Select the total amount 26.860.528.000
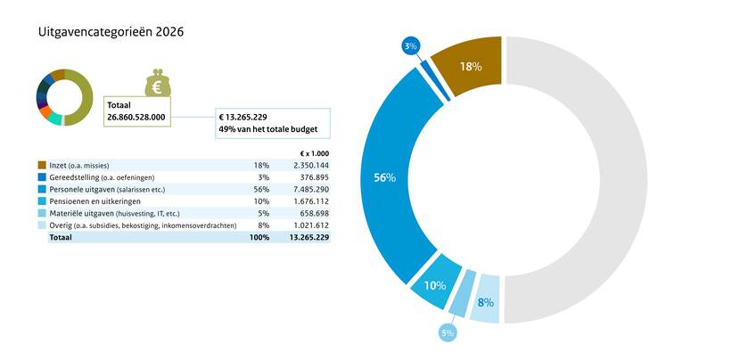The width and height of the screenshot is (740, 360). (137, 117)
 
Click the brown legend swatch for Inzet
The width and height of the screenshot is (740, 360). (42, 165)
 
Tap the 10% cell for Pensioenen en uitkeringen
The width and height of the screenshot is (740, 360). (261, 201)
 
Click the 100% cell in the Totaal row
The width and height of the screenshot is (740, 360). (259, 239)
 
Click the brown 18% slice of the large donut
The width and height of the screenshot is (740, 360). (471, 67)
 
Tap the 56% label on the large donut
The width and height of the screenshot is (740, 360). (384, 177)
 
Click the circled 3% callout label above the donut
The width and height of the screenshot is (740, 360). (410, 45)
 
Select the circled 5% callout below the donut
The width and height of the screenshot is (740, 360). (447, 332)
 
